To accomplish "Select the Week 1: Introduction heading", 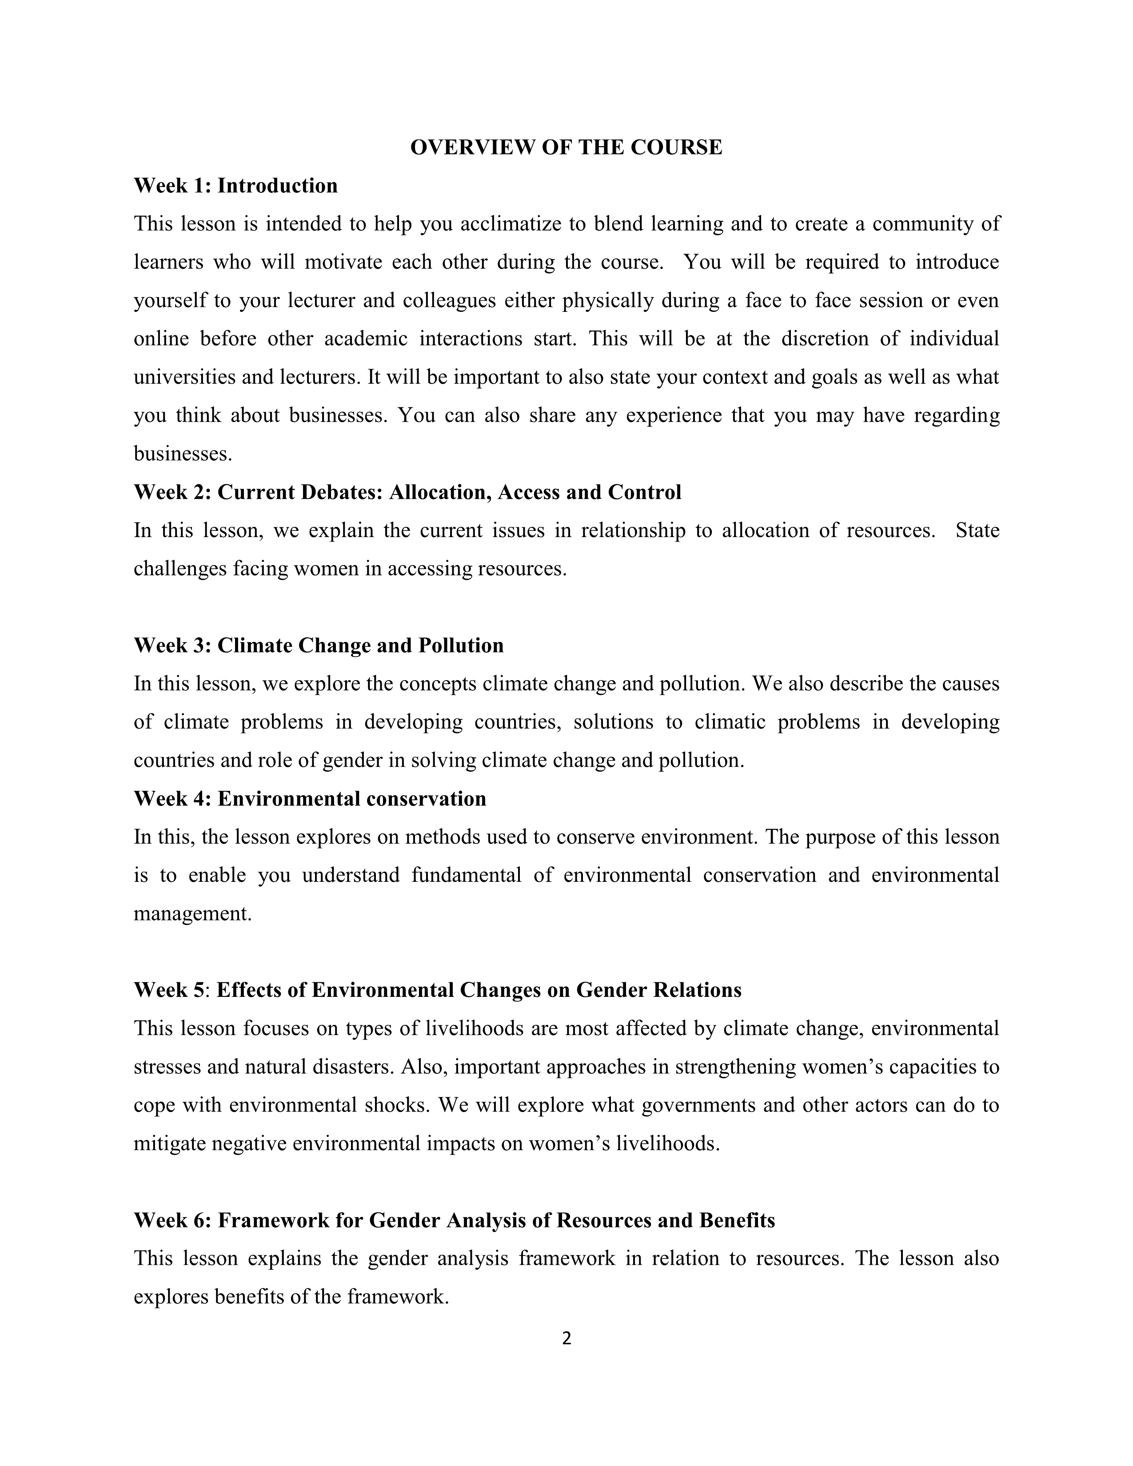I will pyautogui.click(x=235, y=186).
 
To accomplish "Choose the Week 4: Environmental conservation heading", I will pyautogui.click(x=310, y=799).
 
